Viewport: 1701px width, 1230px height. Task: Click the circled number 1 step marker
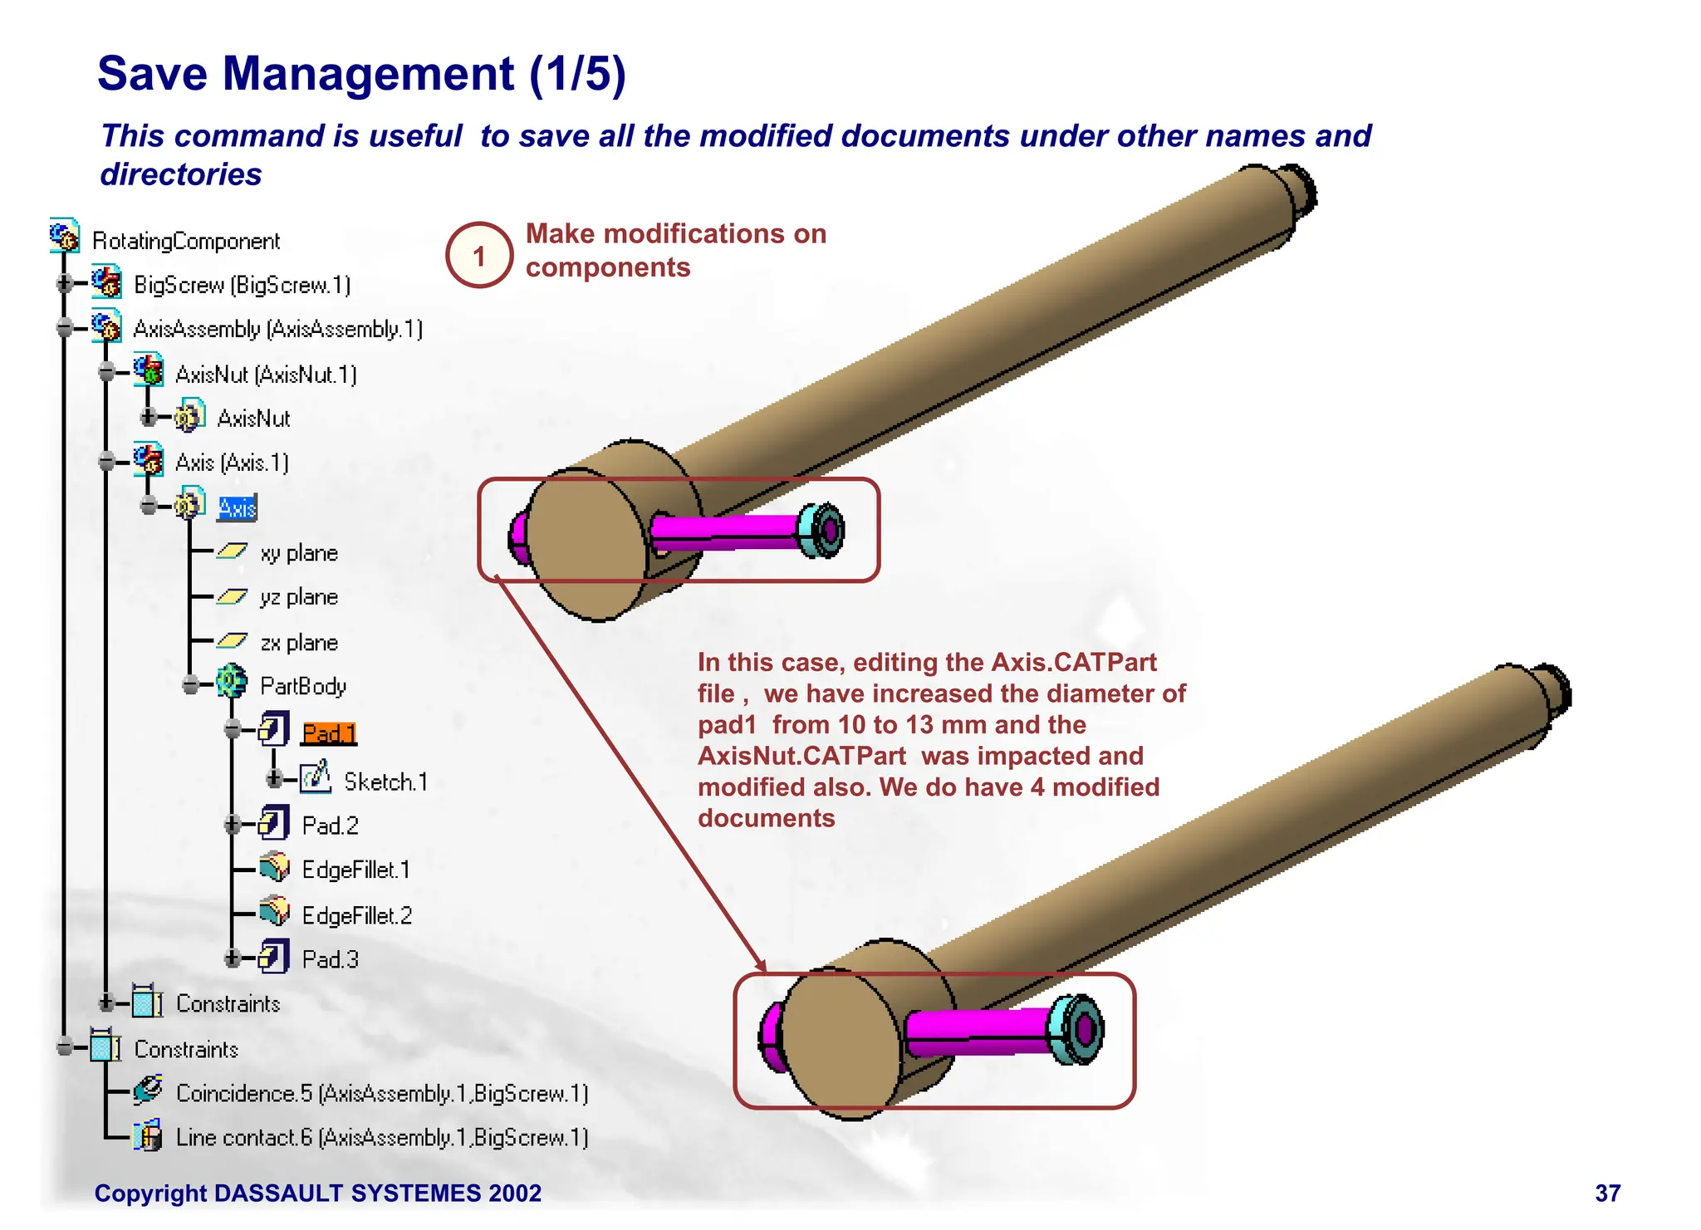pos(479,256)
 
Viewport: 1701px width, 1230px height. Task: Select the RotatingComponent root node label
pos(186,242)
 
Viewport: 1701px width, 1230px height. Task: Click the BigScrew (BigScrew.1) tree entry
pos(242,286)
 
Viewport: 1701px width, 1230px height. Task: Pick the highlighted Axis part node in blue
pos(238,507)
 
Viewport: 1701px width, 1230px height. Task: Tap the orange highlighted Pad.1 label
pos(329,733)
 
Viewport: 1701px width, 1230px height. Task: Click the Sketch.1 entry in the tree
pos(385,782)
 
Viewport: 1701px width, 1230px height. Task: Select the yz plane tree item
pos(298,598)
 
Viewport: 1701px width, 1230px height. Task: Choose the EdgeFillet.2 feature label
pos(356,916)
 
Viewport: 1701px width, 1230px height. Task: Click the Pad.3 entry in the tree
pos(330,960)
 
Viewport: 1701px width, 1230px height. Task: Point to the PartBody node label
pos(302,687)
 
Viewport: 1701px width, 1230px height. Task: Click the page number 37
pos(1607,1193)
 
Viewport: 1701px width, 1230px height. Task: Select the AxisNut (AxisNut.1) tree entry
pos(265,375)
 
